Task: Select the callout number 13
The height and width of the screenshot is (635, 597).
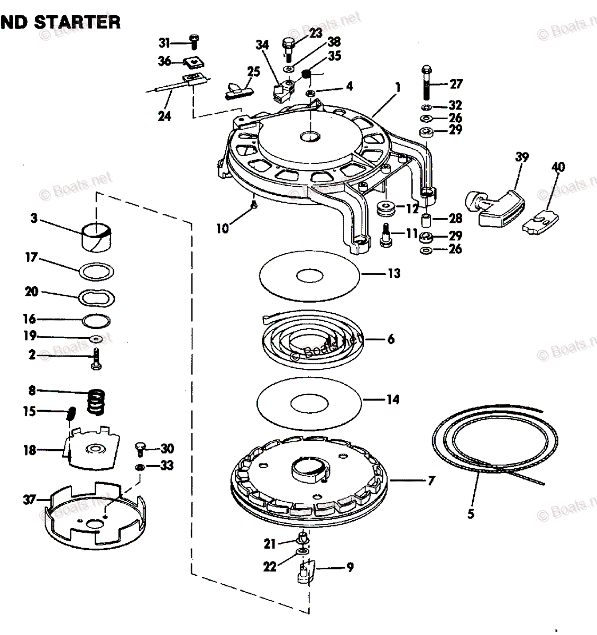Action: pyautogui.click(x=394, y=274)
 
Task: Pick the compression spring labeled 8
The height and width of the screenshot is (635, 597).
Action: pyautogui.click(x=96, y=402)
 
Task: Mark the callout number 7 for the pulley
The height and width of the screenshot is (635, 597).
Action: pyautogui.click(x=431, y=481)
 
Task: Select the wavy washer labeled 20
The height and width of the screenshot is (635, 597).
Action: pyautogui.click(x=96, y=298)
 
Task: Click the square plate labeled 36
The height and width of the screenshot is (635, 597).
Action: pyautogui.click(x=194, y=62)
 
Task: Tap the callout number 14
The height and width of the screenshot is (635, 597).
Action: pyautogui.click(x=392, y=400)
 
